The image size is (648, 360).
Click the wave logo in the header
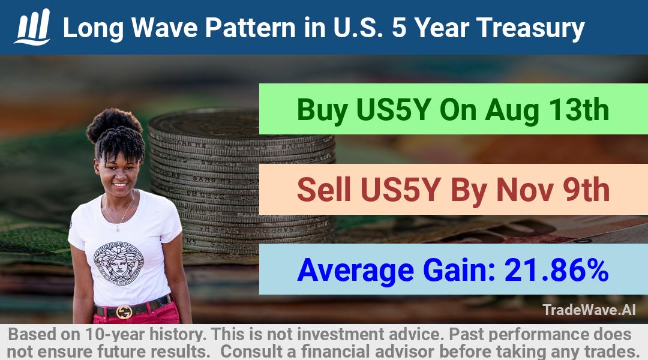pyautogui.click(x=32, y=27)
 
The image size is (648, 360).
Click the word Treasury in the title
pyautogui.click(x=530, y=29)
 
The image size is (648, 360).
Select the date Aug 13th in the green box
pyautogui.click(x=547, y=110)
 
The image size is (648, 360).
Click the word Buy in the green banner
pyautogui.click(x=322, y=111)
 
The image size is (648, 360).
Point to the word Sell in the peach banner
pyautogui.click(x=324, y=190)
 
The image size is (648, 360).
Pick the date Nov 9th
pyautogui.click(x=553, y=190)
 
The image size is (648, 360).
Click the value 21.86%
pyautogui.click(x=556, y=270)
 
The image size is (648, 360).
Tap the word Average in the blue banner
pyautogui.click(x=355, y=271)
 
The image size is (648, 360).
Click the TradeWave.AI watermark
pyautogui.click(x=589, y=310)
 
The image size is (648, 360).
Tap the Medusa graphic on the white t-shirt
pyautogui.click(x=118, y=263)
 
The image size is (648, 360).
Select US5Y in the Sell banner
pyautogui.click(x=400, y=190)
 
